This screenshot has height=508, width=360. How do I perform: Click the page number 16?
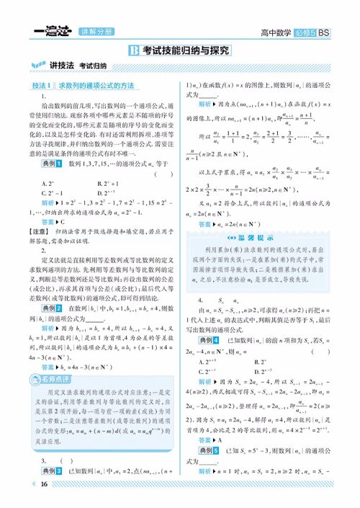click(x=45, y=484)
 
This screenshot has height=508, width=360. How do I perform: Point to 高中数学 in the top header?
click(x=281, y=32)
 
